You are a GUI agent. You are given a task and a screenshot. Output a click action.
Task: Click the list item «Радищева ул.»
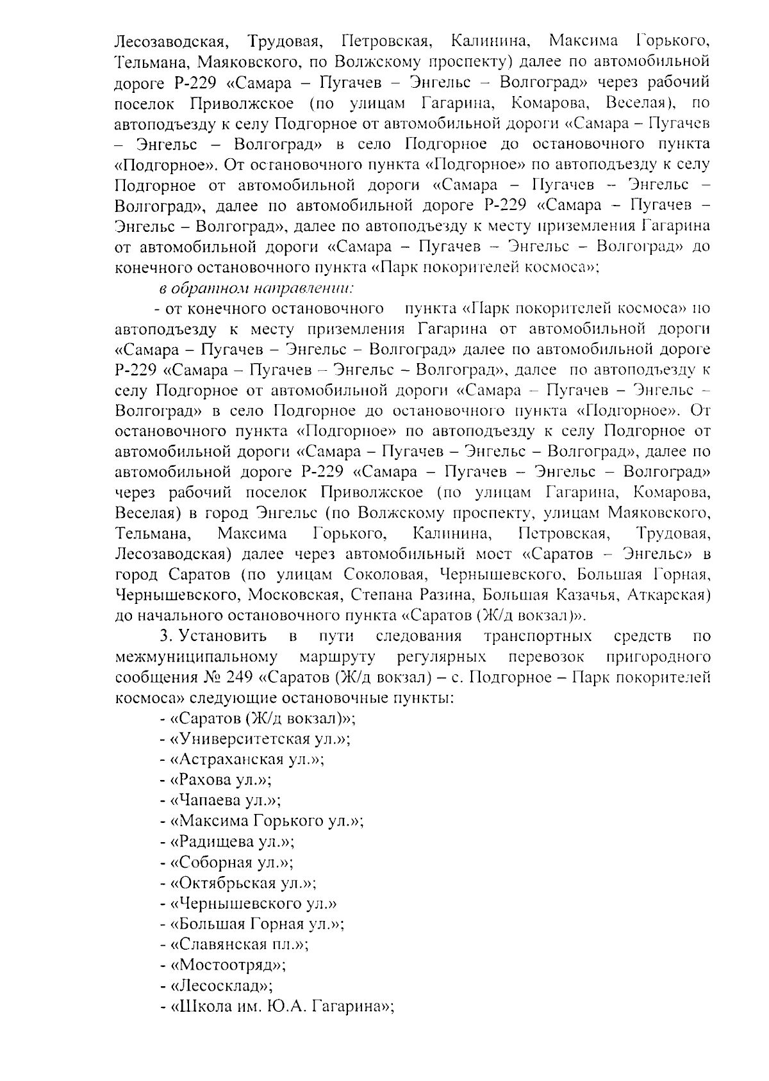point(227,841)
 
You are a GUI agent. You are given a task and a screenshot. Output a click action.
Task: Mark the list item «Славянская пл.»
point(235,945)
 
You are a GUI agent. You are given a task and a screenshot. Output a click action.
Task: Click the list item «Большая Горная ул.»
point(252,924)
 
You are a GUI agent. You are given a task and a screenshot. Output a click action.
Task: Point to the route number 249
point(242,678)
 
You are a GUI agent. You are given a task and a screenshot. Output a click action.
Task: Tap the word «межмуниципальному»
point(197,657)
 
